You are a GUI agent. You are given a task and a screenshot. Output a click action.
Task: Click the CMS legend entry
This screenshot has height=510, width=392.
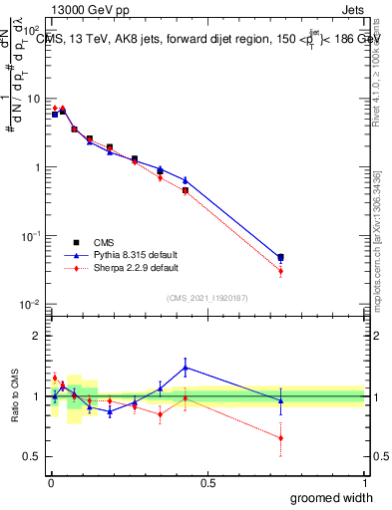102,241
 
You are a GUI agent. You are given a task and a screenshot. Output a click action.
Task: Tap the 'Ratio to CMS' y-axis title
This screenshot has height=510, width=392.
14,395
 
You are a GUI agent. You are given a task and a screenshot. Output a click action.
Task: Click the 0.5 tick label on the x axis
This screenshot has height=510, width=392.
207,482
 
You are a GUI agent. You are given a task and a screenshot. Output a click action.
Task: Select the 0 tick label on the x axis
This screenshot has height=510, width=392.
50,482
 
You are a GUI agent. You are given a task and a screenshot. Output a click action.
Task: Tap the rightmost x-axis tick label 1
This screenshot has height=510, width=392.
364,482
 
